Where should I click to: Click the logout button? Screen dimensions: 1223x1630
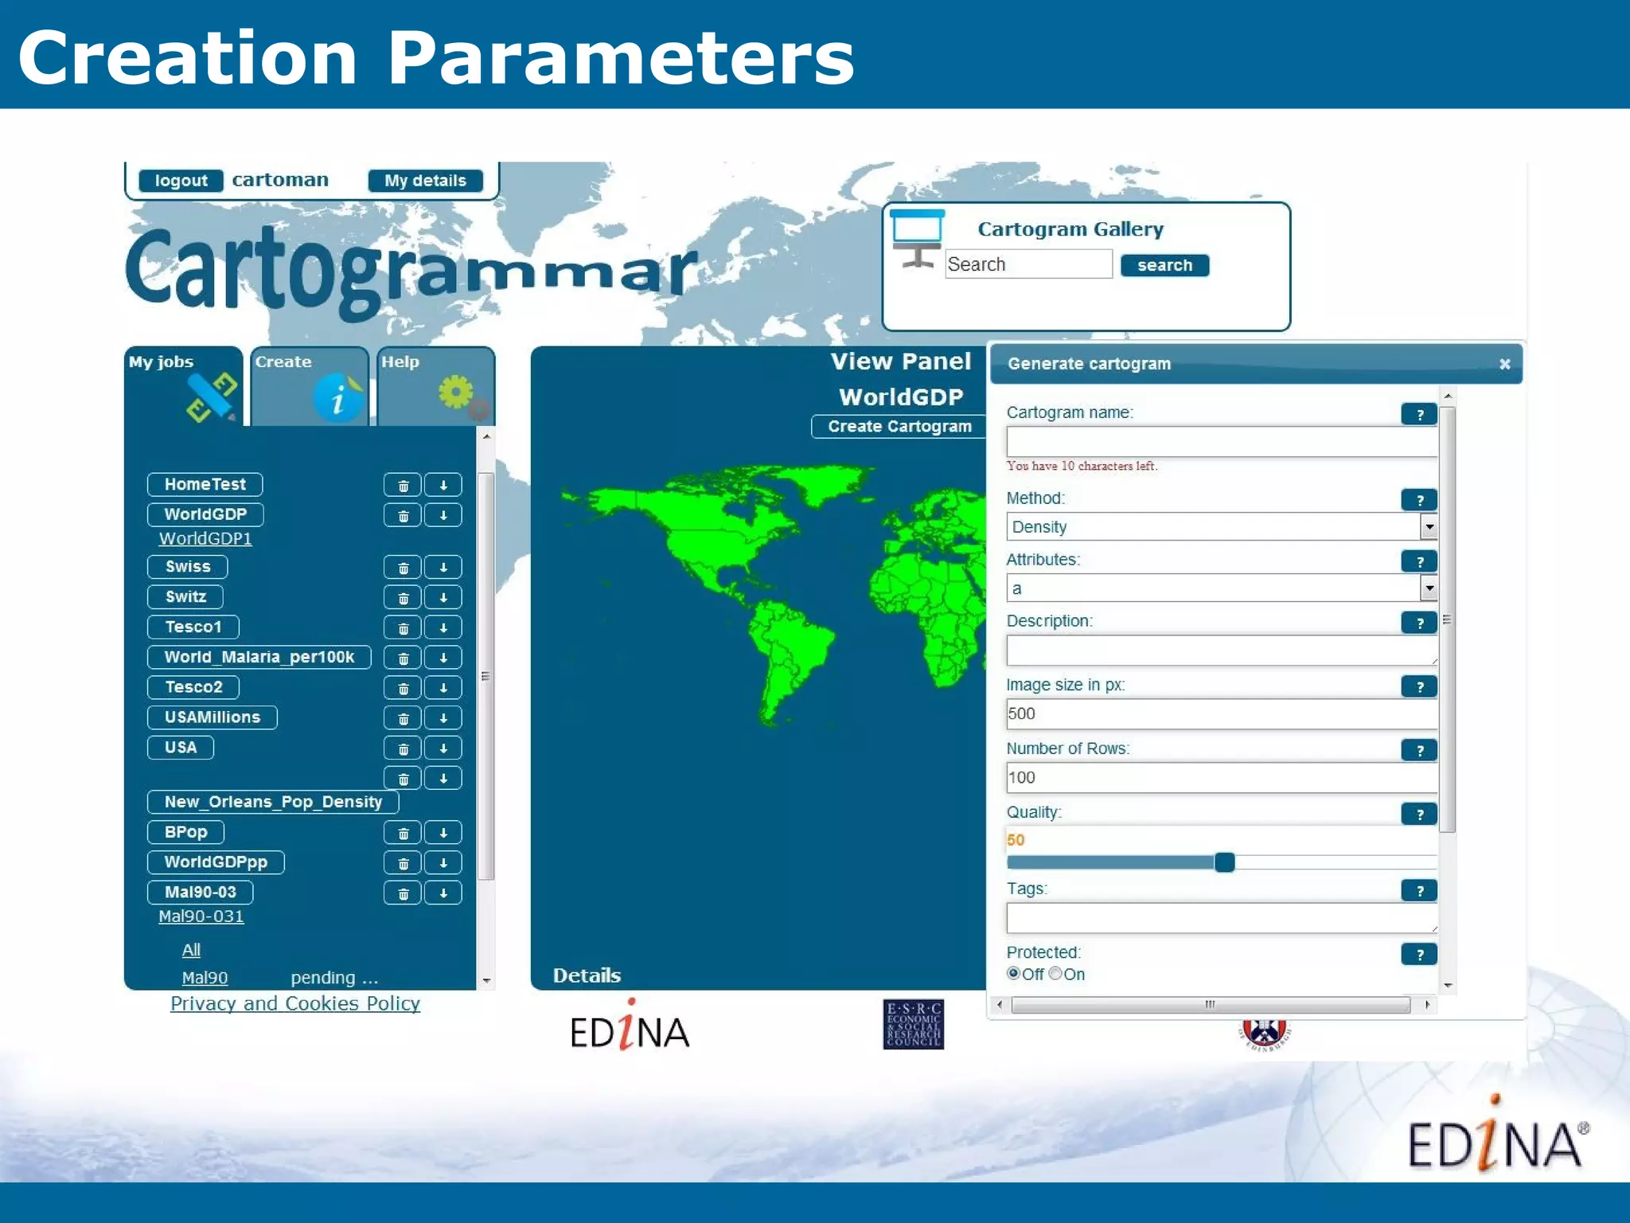(x=181, y=181)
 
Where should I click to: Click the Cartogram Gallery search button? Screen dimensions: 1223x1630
(x=1164, y=265)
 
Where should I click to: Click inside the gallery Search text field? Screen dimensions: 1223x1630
(x=1028, y=264)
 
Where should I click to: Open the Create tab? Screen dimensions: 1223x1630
(x=309, y=386)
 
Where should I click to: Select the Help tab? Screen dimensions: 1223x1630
(x=435, y=386)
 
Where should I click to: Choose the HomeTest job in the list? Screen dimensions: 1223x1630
(x=205, y=484)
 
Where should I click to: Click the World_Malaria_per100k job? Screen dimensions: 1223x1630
(x=259, y=657)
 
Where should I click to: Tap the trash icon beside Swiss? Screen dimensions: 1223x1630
(x=403, y=568)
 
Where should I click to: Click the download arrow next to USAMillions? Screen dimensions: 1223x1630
(x=443, y=718)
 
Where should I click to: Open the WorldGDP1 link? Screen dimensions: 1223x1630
(x=205, y=539)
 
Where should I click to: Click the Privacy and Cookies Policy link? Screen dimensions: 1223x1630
(x=295, y=1003)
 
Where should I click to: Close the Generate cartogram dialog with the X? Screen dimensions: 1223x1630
(x=1504, y=364)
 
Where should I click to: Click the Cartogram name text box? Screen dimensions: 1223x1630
(x=1220, y=442)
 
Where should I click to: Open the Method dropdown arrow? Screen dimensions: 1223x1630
(x=1429, y=527)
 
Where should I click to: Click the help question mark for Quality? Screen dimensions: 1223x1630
(x=1419, y=814)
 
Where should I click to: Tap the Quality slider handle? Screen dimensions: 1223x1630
(x=1224, y=862)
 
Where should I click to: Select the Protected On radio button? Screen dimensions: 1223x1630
(x=1055, y=973)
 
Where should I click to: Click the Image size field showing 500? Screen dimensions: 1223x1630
(x=1220, y=714)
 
